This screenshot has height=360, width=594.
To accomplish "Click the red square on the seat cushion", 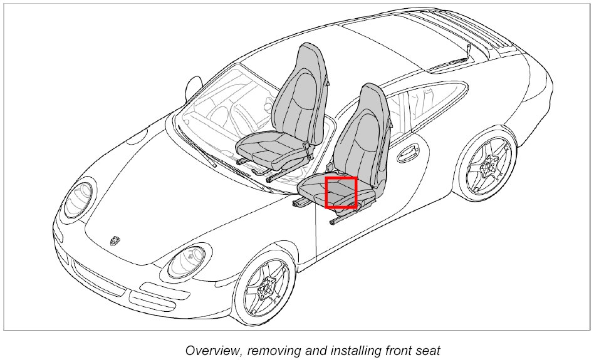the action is click(x=341, y=192).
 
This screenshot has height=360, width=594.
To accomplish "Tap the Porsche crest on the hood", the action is click(x=115, y=240).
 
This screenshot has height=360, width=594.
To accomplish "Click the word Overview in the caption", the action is click(x=210, y=350).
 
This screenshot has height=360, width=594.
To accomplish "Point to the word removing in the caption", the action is click(x=271, y=350).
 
